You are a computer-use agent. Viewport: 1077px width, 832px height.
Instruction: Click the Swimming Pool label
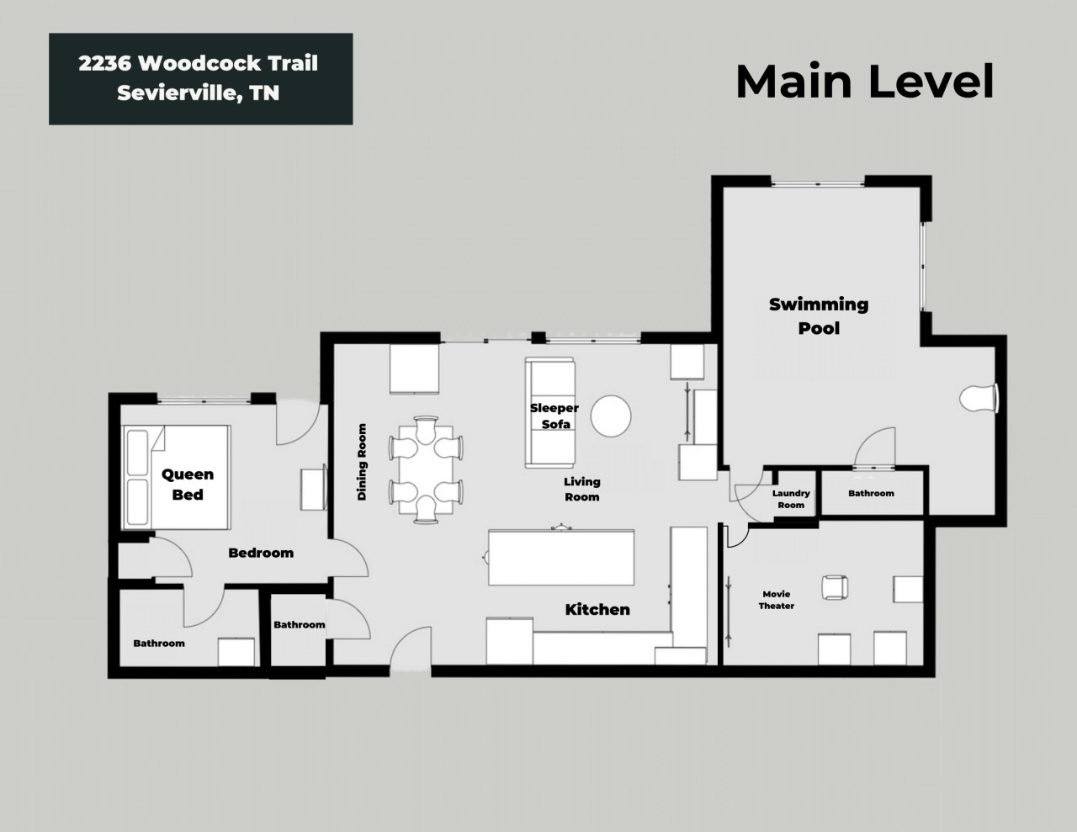tap(819, 316)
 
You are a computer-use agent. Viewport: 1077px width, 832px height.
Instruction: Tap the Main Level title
tap(865, 82)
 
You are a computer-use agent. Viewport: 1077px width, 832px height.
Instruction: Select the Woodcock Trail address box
tap(201, 79)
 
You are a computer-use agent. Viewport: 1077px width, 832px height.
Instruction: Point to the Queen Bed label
tap(188, 484)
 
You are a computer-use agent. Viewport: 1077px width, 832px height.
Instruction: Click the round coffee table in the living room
tap(611, 416)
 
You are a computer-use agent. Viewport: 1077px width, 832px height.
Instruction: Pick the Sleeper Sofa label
tap(554, 416)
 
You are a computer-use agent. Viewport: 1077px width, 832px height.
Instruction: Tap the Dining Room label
tap(362, 462)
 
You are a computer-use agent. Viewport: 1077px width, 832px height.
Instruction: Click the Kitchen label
tap(597, 610)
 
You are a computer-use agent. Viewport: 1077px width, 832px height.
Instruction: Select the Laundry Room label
tap(791, 499)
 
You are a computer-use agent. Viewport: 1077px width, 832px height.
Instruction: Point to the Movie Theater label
tap(777, 600)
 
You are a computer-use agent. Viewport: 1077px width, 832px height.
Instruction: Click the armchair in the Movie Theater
tap(835, 588)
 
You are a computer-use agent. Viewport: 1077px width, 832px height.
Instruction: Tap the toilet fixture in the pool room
tap(979, 398)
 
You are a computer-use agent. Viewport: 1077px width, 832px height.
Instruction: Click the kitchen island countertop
tap(561, 558)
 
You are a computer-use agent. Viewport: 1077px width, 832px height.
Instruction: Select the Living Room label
tap(582, 489)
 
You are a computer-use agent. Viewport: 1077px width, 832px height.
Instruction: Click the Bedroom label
tap(261, 553)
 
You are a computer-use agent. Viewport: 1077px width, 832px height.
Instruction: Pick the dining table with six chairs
tap(427, 469)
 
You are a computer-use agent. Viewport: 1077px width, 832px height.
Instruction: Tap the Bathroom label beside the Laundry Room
tap(872, 493)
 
